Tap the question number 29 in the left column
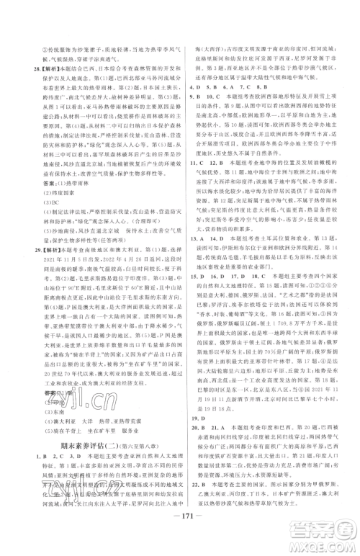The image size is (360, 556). point(25,266)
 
